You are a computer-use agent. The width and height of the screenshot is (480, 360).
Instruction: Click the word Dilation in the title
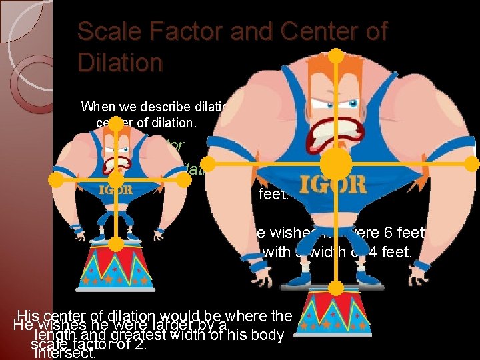pos(120,63)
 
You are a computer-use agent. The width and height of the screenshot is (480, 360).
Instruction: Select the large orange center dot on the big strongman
pos(336,163)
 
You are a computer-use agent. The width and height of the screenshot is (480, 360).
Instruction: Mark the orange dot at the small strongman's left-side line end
pos(58,180)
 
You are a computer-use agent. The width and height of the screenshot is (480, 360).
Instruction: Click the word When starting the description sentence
pos(99,107)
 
